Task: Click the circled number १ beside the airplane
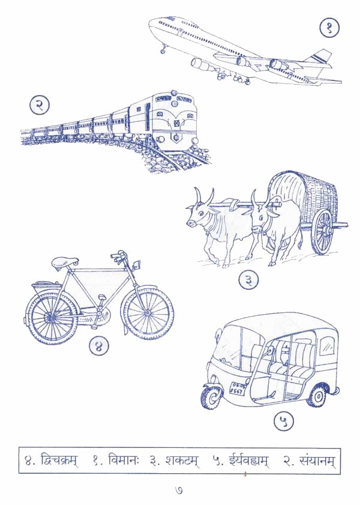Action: click(329, 28)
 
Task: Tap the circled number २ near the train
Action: click(40, 106)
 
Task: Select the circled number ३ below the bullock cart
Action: click(248, 280)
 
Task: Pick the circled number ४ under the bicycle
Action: click(99, 346)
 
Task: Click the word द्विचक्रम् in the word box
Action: click(59, 461)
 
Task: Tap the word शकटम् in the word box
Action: click(181, 461)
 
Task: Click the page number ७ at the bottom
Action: click(179, 490)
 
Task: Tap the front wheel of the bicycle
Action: click(148, 312)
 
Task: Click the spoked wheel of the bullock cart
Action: click(323, 231)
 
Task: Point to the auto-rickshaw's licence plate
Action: click(238, 389)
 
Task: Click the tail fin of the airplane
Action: click(319, 59)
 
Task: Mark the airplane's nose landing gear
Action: click(163, 49)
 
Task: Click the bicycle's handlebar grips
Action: click(118, 255)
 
